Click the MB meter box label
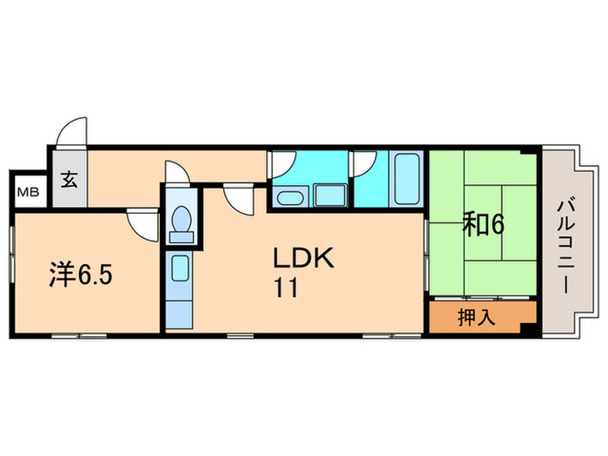(x=29, y=192)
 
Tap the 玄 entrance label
(x=69, y=180)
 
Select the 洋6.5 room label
(x=81, y=275)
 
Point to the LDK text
(x=303, y=258)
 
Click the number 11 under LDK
(x=286, y=287)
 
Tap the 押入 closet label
(x=476, y=318)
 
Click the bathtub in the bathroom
(x=406, y=179)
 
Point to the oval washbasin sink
(x=290, y=198)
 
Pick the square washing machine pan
(x=331, y=195)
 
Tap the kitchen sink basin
(x=181, y=268)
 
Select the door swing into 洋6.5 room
(x=143, y=225)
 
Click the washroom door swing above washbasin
(x=282, y=164)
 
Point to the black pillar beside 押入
(x=528, y=327)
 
